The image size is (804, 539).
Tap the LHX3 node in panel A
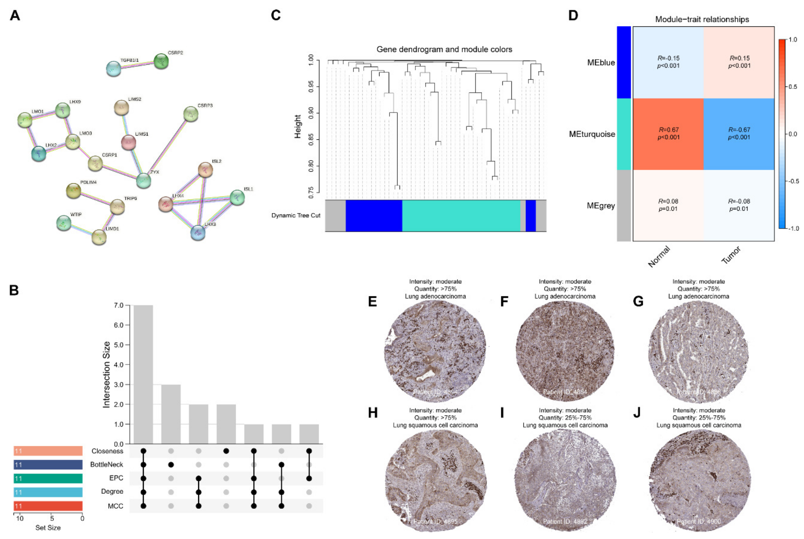pyautogui.click(x=198, y=233)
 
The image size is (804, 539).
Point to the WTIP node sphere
pyautogui.click(x=64, y=223)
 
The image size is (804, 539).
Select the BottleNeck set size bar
pyautogui.click(x=48, y=465)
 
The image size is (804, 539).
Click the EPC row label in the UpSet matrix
pyautogui.click(x=116, y=478)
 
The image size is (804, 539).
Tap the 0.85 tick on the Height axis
pyautogui.click(x=311, y=140)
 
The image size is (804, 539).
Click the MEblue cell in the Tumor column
pyautogui.click(x=739, y=62)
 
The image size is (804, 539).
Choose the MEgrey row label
pyautogui.click(x=601, y=206)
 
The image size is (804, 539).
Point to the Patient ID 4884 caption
pyautogui.click(x=565, y=392)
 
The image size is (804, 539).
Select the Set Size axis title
pyautogui.click(x=48, y=528)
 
